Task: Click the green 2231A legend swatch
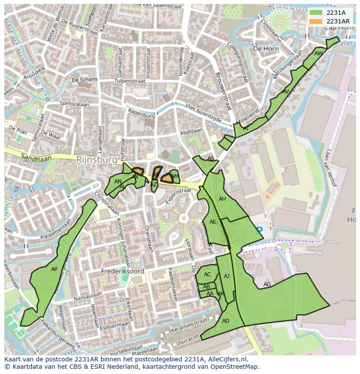tap(316, 13)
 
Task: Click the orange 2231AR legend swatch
tap(316, 21)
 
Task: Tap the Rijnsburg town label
tap(97, 160)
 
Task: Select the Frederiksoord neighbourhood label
tap(123, 271)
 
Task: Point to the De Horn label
tap(266, 49)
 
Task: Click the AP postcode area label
tap(54, 269)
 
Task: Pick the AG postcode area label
tap(267, 285)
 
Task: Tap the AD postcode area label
tap(226, 321)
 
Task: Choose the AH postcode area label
tap(222, 199)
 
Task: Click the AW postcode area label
tap(319, 53)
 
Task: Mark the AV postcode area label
tap(285, 92)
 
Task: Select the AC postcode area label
tap(207, 275)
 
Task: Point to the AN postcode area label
tap(118, 182)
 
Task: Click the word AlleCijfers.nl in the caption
tap(226, 359)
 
